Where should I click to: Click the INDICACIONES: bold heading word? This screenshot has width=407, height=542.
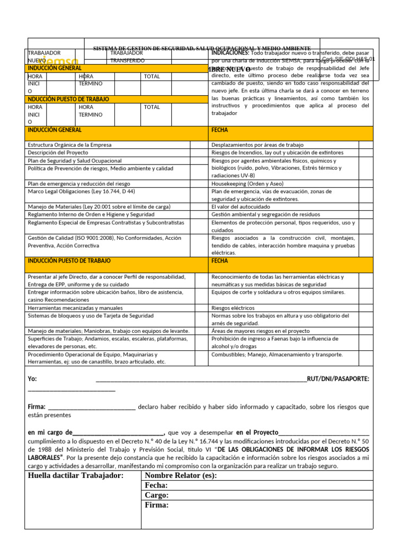click(230, 53)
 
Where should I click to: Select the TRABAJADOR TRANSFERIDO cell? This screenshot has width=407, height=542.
click(127, 57)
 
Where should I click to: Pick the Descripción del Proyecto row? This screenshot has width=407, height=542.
click(58, 152)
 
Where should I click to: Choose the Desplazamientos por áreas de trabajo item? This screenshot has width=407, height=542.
click(257, 144)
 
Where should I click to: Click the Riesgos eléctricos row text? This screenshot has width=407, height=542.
click(233, 308)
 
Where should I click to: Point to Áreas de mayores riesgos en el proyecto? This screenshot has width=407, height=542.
click(260, 331)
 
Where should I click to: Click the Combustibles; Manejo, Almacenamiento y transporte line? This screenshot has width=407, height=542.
click(277, 355)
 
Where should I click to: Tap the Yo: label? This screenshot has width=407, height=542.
click(32, 379)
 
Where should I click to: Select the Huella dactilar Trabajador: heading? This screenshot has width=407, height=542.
click(75, 475)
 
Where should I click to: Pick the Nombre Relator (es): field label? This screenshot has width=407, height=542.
click(180, 475)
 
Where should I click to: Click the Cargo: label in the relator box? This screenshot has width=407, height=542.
click(156, 495)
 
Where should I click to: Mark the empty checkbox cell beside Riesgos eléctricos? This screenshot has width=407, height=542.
click(366, 308)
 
